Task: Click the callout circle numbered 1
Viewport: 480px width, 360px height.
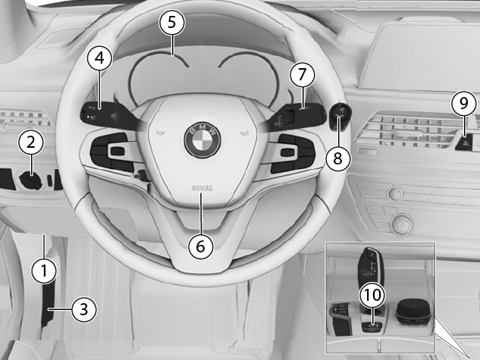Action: click(44, 271)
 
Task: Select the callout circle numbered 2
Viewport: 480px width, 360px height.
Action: click(31, 142)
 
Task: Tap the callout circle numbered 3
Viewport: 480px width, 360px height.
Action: click(84, 309)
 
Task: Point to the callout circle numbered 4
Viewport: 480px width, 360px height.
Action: click(100, 58)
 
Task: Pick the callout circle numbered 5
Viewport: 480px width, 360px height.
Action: click(171, 22)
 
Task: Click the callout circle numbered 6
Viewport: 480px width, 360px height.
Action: click(200, 246)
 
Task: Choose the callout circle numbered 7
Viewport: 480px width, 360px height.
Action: click(303, 74)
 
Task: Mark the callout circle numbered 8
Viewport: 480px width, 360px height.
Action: click(338, 158)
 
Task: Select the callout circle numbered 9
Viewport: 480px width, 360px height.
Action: click(464, 103)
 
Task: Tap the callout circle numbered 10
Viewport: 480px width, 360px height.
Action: click(372, 295)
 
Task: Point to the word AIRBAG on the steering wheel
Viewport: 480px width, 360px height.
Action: click(202, 188)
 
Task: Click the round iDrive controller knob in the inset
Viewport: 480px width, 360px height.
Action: click(413, 312)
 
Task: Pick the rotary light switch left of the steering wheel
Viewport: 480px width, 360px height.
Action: click(30, 180)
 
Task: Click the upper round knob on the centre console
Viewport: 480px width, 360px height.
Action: click(396, 193)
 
